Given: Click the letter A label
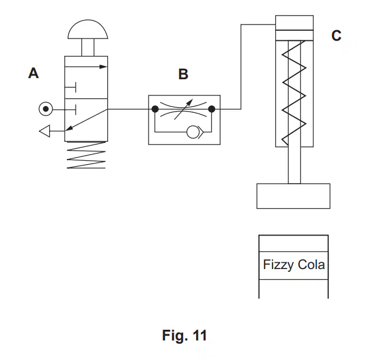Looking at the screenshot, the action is coord(34,73).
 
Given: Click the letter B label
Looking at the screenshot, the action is coord(183,74).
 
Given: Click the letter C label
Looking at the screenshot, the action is coord(336,36).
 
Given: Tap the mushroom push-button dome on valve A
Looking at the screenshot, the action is coord(88,29).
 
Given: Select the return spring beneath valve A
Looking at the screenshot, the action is coord(86,155).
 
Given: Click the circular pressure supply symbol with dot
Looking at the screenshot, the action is coord(46,109).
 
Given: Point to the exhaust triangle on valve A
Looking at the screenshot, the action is coord(45,131).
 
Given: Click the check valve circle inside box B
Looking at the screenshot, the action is coord(193,132).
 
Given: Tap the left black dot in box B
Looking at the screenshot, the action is coord(155,109).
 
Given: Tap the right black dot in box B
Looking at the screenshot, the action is coord(212,109).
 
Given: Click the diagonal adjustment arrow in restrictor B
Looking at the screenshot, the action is coord(183,109).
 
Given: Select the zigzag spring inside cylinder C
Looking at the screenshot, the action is coord(294,93).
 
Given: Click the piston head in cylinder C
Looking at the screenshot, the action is coord(294,35).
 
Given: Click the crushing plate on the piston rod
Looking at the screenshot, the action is coord(293,196).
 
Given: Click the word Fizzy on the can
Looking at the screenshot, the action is coord(279,265).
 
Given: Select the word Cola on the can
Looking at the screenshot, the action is coord(311,265).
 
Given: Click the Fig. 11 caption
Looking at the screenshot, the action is coord(184,335).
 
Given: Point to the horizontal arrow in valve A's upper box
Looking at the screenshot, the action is coord(86,66).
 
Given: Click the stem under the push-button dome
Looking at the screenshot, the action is coord(88,47).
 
